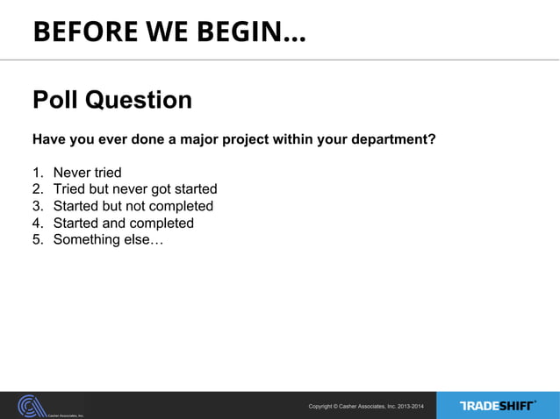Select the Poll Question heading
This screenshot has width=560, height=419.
pyautogui.click(x=112, y=100)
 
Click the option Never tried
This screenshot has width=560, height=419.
pyautogui.click(x=87, y=173)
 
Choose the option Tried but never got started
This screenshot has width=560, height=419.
pyautogui.click(x=135, y=189)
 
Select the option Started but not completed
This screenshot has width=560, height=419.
pyautogui.click(x=133, y=206)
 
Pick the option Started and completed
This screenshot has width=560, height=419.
pyautogui.click(x=124, y=223)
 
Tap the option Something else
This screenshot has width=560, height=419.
pyautogui.click(x=107, y=239)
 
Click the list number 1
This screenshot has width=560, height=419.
pyautogui.click(x=38, y=173)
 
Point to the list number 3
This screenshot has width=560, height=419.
pyautogui.click(x=38, y=206)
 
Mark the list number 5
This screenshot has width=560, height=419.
pyautogui.click(x=38, y=239)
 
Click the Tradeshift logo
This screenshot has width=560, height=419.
pyautogui.click(x=497, y=405)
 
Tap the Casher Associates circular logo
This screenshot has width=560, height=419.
pyautogui.click(x=33, y=405)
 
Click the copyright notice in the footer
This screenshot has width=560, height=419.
pyautogui.click(x=365, y=406)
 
